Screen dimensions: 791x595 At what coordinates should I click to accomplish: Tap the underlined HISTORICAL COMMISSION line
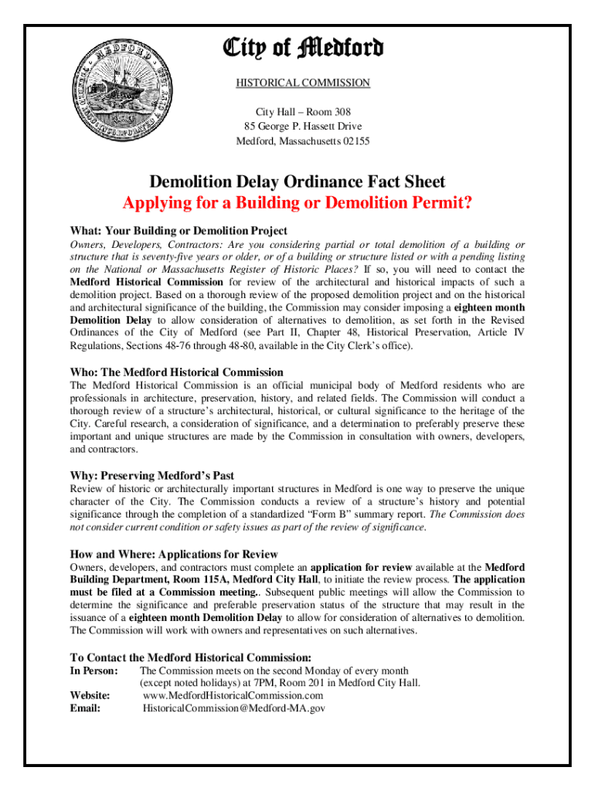coord(303,83)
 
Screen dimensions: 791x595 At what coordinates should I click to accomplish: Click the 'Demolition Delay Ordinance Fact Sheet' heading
coord(297,182)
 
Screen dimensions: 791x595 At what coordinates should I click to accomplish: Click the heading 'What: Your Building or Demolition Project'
coord(178,230)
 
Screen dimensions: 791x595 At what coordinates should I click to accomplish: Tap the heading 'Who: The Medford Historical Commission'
coord(176,372)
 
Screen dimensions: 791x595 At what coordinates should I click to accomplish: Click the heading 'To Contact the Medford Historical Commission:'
coord(190,657)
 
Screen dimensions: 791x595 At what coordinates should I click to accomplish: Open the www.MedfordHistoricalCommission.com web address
coord(233,695)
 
